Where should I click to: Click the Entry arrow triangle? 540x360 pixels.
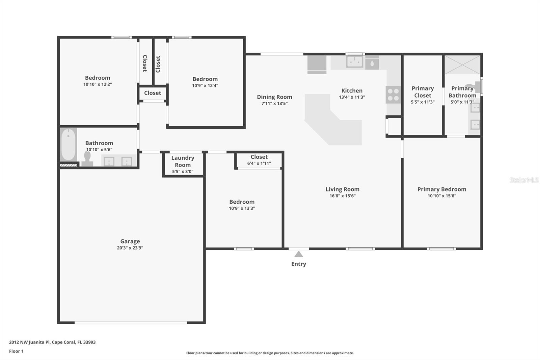pyautogui.click(x=299, y=254)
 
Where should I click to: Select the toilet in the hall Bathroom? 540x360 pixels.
pyautogui.click(x=87, y=159)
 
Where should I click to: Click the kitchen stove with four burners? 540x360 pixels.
pyautogui.click(x=393, y=95)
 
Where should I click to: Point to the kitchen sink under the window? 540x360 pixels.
pyautogui.click(x=355, y=62)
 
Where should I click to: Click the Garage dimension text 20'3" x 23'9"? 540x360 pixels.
pyautogui.click(x=130, y=248)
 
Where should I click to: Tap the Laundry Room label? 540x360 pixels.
pyautogui.click(x=183, y=161)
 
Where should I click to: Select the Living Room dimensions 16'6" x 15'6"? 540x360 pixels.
pyautogui.click(x=343, y=196)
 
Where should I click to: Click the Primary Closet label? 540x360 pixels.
pyautogui.click(x=423, y=92)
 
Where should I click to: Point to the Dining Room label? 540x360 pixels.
pyautogui.click(x=274, y=97)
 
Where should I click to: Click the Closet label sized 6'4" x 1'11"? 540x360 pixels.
pyautogui.click(x=259, y=157)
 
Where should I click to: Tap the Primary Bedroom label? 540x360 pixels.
pyautogui.click(x=442, y=189)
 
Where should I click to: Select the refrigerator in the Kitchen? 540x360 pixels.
pyautogui.click(x=317, y=64)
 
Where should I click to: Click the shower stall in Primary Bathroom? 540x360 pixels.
pyautogui.click(x=462, y=65)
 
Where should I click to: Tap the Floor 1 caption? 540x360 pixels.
pyautogui.click(x=16, y=351)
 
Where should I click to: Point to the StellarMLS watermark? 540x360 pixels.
pyautogui.click(x=524, y=180)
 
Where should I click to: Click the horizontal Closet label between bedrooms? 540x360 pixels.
pyautogui.click(x=153, y=93)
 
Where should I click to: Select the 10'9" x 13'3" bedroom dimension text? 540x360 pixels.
pyautogui.click(x=242, y=208)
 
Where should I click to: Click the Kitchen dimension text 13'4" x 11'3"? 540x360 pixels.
pyautogui.click(x=352, y=97)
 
